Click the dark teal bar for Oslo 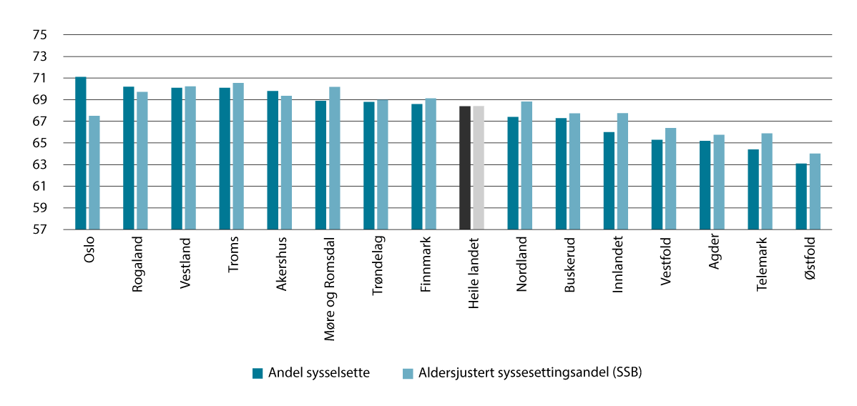point(81,153)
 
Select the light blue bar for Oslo point(94,172)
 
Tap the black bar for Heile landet point(465,168)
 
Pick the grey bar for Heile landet point(479,168)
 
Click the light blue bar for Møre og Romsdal point(335,158)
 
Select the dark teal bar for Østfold point(801,197)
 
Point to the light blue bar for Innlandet point(622,172)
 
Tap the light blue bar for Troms point(238,156)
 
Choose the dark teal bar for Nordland point(513,173)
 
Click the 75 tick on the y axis point(39,35)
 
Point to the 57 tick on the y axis point(39,230)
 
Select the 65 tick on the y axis point(39,144)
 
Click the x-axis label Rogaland point(137,264)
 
